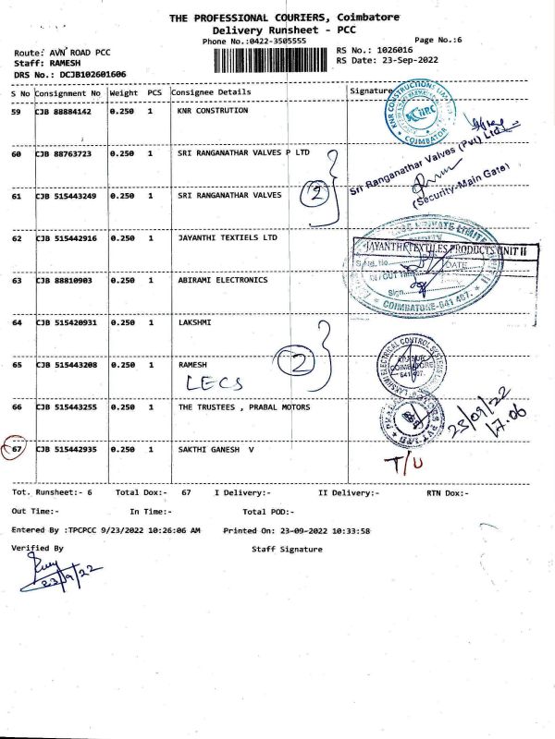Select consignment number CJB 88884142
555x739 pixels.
click(x=69, y=111)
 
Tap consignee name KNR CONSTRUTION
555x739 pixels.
click(x=213, y=111)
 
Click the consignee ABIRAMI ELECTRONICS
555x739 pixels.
click(x=222, y=280)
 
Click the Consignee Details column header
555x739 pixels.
click(x=215, y=93)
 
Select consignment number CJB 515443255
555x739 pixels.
click(x=69, y=406)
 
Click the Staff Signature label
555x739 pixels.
click(x=287, y=550)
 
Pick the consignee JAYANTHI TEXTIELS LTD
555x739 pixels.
click(x=228, y=237)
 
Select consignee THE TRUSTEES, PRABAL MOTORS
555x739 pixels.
click(x=244, y=406)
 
